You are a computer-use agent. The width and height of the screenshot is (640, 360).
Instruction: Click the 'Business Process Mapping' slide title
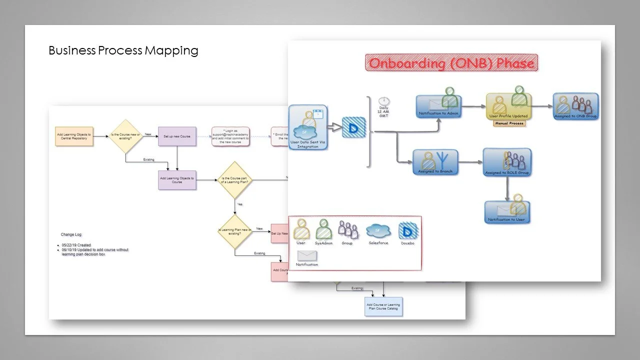point(123,50)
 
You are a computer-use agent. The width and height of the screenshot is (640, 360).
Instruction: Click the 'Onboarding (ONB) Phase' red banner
point(451,63)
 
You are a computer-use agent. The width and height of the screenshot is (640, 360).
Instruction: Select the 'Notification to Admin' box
point(438,106)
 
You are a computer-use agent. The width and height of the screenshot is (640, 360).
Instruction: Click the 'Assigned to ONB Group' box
point(575,106)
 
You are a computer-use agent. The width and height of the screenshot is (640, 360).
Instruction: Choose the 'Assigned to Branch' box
point(435,162)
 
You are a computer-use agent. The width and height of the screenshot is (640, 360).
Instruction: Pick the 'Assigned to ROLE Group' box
point(507,162)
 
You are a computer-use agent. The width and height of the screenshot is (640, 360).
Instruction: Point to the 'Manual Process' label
point(509,123)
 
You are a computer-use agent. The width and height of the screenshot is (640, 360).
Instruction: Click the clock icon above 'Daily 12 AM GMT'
point(383,101)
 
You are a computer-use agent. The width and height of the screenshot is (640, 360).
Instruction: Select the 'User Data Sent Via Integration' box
point(308,128)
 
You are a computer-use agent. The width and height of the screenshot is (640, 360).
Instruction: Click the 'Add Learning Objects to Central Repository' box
point(75,135)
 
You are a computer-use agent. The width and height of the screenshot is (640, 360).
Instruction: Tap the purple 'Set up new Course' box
point(176,135)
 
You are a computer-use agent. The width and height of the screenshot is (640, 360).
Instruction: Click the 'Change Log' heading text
point(71,234)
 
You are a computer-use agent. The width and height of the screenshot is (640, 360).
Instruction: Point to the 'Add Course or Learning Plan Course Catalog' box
point(383,307)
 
